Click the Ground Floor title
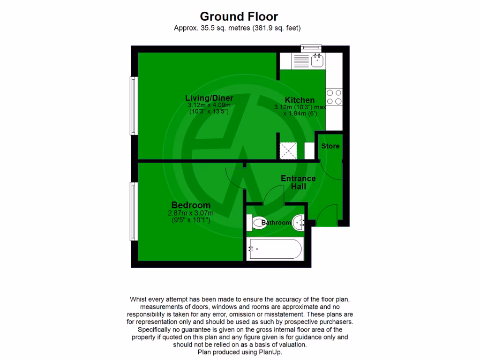point(240,17)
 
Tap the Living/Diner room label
point(209,98)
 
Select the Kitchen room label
point(300,100)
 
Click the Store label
point(330,146)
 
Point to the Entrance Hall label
point(298,182)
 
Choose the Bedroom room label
point(191,205)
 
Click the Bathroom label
point(276,223)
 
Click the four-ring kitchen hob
point(334,97)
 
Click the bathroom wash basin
point(300,222)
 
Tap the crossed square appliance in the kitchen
point(287,150)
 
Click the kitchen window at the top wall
point(311,47)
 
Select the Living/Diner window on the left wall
point(133,106)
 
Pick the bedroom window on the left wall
point(133,211)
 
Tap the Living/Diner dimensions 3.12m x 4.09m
point(209,105)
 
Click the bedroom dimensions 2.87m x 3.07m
point(191,213)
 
